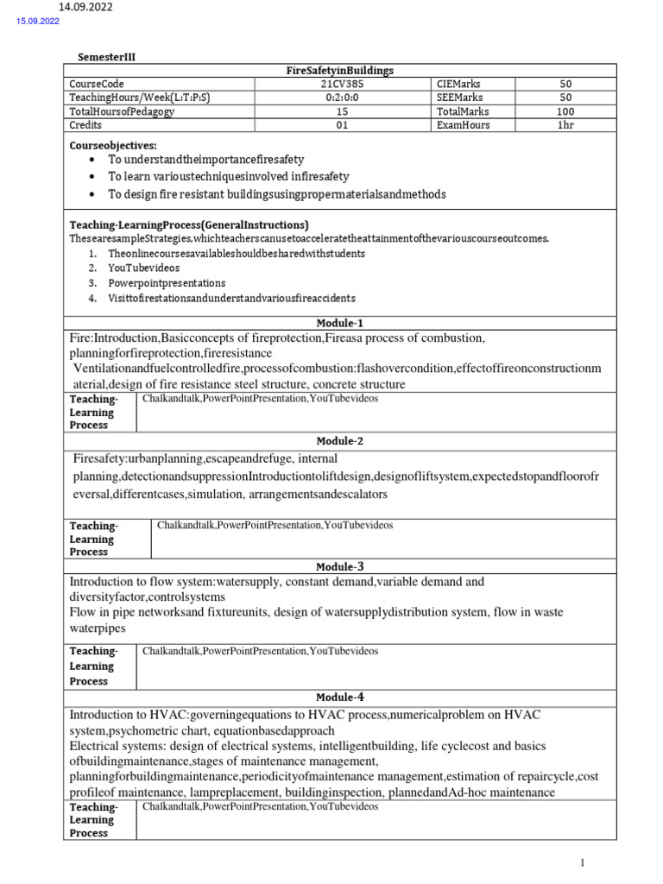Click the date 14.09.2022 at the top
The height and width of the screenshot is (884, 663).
tap(85, 8)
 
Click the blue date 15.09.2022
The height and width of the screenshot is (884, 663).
tap(38, 22)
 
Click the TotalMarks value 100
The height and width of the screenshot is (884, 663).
tap(565, 111)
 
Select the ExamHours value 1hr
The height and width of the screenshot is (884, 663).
tap(565, 125)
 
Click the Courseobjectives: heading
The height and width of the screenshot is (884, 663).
tap(114, 145)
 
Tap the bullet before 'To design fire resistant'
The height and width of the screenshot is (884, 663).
tap(93, 194)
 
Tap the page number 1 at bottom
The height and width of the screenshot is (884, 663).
tap(584, 862)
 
